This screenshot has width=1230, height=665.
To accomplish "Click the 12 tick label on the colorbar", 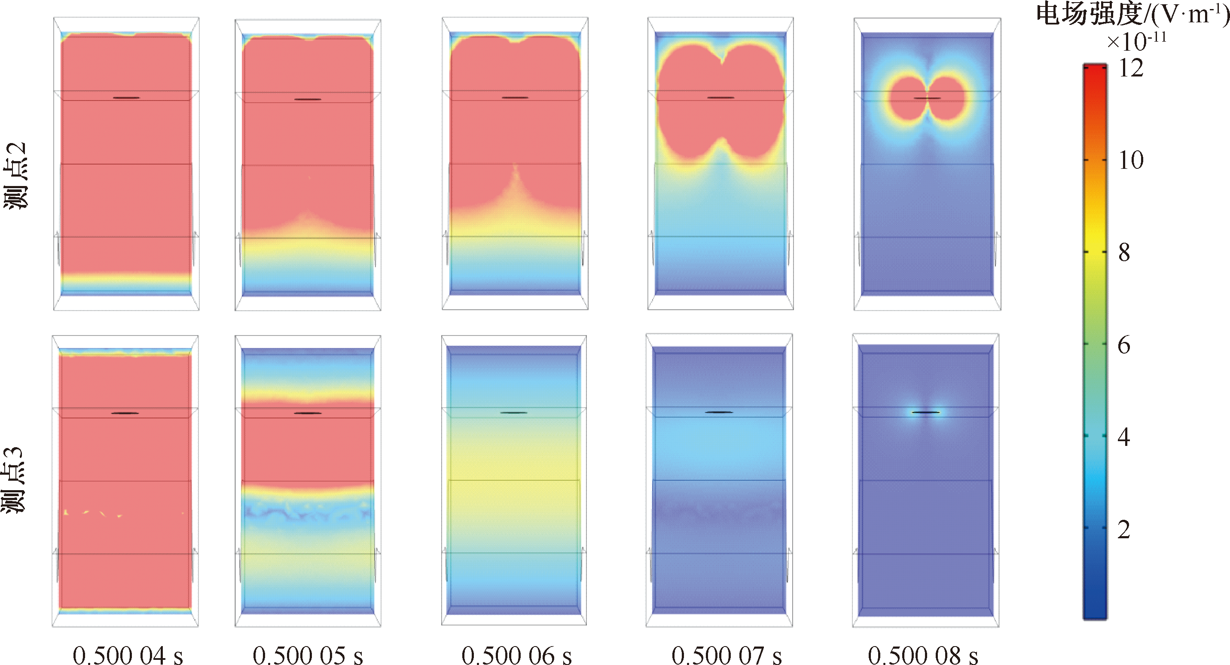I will (1131, 69).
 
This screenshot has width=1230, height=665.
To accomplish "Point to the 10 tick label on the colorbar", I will (1131, 160).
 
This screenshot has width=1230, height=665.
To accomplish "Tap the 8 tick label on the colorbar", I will (1124, 253).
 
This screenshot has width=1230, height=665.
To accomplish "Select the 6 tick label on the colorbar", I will (1124, 345).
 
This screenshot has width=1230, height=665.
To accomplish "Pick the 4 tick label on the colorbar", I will (1124, 437).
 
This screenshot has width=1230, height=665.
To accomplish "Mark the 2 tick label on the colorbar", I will (1124, 529).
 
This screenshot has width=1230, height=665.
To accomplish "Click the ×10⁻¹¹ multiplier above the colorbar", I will (1136, 42).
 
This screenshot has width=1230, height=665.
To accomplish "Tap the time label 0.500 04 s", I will (128, 655).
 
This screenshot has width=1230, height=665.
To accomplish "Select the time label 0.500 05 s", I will (308, 655).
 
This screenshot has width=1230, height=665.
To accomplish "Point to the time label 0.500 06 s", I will (517, 655).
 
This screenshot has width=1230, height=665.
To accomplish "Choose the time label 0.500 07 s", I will (727, 655).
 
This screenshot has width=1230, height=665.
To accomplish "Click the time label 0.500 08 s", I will (923, 655).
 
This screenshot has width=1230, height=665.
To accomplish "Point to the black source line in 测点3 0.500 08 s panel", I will (926, 412).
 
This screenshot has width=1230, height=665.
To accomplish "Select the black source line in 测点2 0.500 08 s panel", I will (927, 98).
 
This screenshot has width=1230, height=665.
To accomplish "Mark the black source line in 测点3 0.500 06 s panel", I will (514, 412).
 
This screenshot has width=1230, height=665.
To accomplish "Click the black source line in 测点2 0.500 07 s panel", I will (720, 98).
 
